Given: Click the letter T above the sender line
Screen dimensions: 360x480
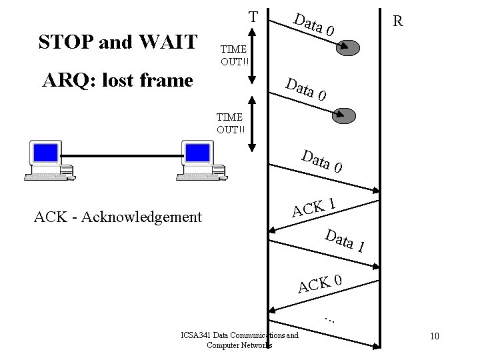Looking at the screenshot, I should coord(253,16).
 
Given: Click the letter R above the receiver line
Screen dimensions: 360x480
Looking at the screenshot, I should coord(397,21).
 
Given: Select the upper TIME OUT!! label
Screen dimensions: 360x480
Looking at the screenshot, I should coord(234,55).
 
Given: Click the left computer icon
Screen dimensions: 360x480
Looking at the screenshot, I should coord(49,161).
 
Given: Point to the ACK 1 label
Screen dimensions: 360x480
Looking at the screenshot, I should coord(313,206).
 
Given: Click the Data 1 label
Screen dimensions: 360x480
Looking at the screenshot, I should coord(344,240).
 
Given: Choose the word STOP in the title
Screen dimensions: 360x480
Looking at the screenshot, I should coord(66,42).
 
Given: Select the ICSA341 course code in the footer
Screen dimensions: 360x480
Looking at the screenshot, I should coord(196,335).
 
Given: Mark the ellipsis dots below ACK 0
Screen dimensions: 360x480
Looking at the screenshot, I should coord(329,317).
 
